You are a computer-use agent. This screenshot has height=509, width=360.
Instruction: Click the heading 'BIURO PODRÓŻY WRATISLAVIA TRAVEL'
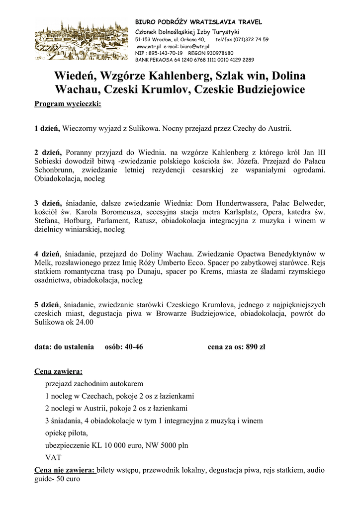click(x=198, y=22)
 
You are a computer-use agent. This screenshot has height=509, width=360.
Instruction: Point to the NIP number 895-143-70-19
click(x=164, y=53)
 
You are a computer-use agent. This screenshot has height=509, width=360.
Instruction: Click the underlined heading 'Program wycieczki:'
click(x=67, y=104)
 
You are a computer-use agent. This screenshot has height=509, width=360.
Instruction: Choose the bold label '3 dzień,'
click(x=47, y=203)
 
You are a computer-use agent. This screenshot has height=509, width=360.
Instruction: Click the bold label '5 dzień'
click(x=46, y=304)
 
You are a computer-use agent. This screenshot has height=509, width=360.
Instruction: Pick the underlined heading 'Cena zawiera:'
click(x=58, y=371)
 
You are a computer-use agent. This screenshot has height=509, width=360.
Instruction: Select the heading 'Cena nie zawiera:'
click(x=65, y=470)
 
